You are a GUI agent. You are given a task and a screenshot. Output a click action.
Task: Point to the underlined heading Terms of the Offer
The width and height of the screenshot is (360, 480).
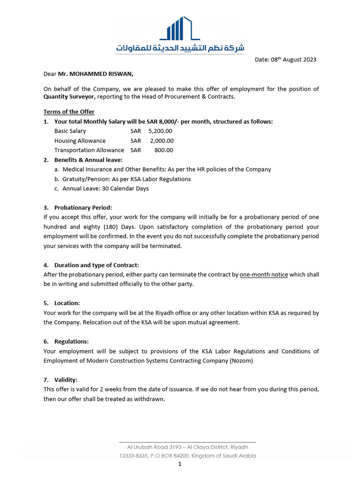(69, 112)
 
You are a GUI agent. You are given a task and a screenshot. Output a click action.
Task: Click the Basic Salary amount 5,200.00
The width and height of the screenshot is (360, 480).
(160, 131)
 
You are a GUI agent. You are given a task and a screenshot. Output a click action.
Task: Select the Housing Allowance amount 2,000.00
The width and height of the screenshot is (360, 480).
(162, 141)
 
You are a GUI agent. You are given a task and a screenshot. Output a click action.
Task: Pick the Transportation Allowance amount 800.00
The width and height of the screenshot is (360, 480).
(164, 150)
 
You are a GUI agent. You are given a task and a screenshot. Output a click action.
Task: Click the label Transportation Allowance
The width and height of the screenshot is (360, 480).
(89, 150)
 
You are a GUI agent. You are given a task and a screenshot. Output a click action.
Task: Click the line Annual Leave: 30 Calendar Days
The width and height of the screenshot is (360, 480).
(105, 188)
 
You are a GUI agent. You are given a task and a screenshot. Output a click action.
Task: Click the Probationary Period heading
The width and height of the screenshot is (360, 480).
(83, 208)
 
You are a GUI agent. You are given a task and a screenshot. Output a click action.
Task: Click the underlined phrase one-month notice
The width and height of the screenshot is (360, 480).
(263, 275)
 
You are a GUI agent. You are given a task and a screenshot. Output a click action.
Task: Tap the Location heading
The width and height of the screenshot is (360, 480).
(67, 303)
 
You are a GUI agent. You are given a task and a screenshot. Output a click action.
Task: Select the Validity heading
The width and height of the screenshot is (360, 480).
(66, 380)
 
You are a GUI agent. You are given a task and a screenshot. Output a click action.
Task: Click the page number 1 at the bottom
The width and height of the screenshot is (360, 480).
(180, 464)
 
